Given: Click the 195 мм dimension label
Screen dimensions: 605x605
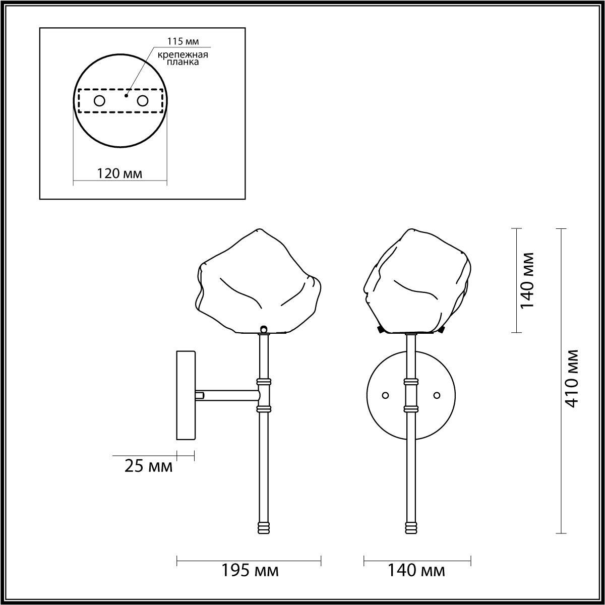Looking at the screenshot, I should pyautogui.click(x=250, y=571).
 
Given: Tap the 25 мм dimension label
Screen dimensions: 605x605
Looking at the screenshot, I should pyautogui.click(x=148, y=466).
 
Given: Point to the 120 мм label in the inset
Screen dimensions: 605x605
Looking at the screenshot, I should pyautogui.click(x=120, y=174).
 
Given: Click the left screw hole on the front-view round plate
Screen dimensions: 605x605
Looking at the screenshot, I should pyautogui.click(x=386, y=395).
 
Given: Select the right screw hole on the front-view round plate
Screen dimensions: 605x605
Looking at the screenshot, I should pyautogui.click(x=437, y=395).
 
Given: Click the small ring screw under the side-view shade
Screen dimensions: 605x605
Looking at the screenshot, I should pyautogui.click(x=263, y=329).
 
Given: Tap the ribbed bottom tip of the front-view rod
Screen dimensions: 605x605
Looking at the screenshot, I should pyautogui.click(x=411, y=527).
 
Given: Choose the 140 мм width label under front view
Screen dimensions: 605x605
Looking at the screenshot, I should pyautogui.click(x=416, y=571).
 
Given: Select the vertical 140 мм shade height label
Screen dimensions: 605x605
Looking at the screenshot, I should pyautogui.click(x=527, y=280).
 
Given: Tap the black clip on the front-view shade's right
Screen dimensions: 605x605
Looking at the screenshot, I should pyautogui.click(x=442, y=330).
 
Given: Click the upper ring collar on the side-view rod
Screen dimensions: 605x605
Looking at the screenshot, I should pyautogui.click(x=264, y=381).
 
